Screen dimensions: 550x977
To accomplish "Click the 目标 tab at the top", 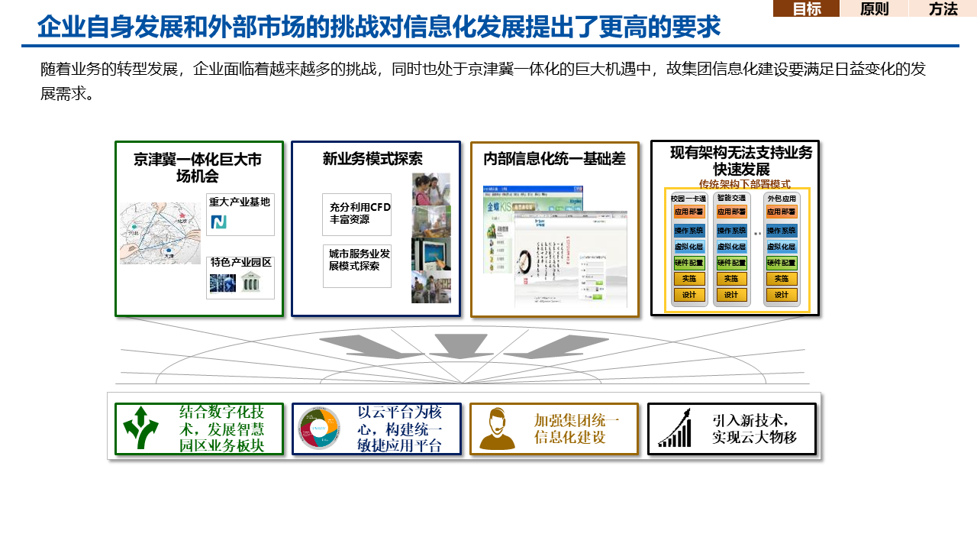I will point(806,9).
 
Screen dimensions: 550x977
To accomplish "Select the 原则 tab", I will point(874,9).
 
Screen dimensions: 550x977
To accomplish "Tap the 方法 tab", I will point(943,9).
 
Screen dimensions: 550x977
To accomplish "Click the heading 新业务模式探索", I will point(372,159).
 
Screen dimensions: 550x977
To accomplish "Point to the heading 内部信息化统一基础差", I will point(554,159).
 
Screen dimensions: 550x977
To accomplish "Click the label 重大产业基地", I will point(240,202).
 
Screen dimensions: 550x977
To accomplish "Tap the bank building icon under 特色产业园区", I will point(250,283).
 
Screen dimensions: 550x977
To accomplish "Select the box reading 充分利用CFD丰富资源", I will point(357,214).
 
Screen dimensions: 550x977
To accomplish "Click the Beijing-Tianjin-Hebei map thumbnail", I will point(160,233).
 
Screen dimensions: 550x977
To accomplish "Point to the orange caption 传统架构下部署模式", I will point(744,184).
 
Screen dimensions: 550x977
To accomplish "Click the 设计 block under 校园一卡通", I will point(689,295).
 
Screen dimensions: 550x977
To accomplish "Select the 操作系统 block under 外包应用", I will point(782,231).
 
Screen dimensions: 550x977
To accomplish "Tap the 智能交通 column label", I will point(731,198).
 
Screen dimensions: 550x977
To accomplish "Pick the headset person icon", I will point(497,429).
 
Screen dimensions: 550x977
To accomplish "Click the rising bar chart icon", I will point(676,429).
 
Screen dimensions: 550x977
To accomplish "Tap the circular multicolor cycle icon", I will point(319,429).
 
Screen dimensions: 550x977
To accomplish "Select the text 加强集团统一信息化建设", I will point(576,429).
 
